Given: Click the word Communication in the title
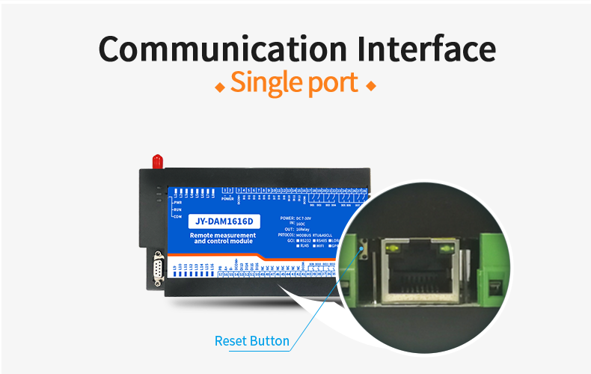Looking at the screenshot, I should coord(221,49).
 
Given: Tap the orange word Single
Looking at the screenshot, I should coord(267,83).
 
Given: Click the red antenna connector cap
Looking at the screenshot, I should coord(157,160).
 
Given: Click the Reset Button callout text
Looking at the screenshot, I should coord(251,341).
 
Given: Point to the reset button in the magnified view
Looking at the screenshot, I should coord(364,252).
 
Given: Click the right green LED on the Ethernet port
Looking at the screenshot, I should coord(447,249).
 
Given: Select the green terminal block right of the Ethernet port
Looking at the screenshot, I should coord(497,269).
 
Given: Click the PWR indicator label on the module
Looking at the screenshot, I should coord(177,202).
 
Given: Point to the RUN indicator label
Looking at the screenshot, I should coord(177,209).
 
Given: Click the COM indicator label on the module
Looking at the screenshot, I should coord(177,217).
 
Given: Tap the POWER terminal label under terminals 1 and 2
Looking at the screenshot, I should coord(228,200).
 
